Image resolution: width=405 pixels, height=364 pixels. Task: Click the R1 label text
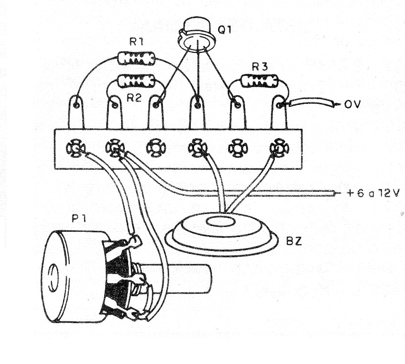click(137, 42)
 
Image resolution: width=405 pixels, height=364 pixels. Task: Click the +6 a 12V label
click(372, 194)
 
